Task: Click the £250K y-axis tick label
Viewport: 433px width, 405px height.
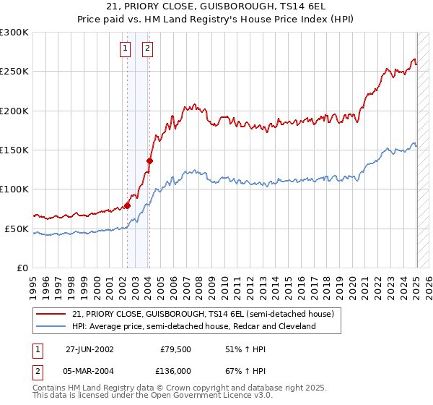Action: [x=14, y=72]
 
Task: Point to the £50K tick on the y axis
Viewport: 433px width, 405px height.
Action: [x=17, y=229]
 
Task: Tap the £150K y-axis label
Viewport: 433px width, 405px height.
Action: [x=14, y=150]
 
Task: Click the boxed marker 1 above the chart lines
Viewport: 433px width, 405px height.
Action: [x=125, y=48]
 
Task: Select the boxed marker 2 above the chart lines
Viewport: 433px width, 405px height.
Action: [x=146, y=48]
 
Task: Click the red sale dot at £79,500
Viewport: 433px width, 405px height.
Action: [x=128, y=205]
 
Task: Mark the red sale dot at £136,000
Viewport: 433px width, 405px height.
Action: [x=149, y=161]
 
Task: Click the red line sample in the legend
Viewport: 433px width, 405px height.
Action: [x=52, y=315]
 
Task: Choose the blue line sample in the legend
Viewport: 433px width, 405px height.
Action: [x=52, y=327]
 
